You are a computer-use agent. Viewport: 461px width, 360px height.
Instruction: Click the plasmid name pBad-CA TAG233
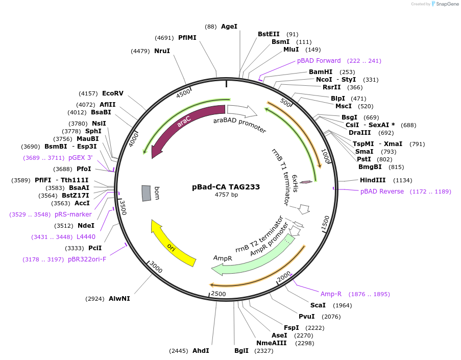pos(226,187)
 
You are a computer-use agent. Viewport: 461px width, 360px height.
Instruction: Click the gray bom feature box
pos(147,193)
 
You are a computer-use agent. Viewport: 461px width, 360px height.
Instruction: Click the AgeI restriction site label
pos(229,27)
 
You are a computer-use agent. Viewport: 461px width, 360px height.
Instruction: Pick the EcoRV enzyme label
pos(113,93)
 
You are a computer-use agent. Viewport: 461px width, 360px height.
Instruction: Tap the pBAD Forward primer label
pos(319,61)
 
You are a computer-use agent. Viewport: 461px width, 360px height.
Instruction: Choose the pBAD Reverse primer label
pos(382,191)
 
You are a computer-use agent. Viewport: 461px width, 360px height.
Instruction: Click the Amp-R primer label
pos(331,294)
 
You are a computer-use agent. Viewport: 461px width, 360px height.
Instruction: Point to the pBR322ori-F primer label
pos(87,259)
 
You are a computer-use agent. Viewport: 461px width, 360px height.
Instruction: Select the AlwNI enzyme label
pos(119,298)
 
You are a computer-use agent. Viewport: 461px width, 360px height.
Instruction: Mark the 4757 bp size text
pos(226,195)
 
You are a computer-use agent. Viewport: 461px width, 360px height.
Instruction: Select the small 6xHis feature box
pos(306,182)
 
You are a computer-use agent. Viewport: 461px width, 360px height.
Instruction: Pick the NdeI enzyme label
pos(86,226)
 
